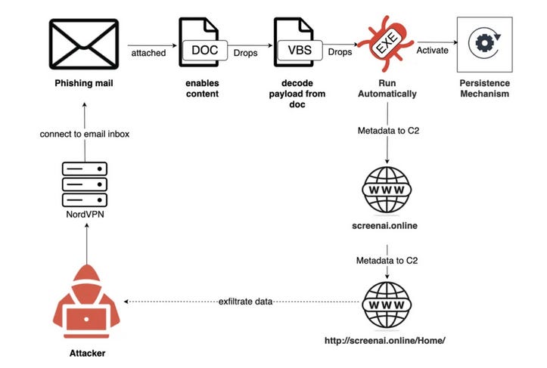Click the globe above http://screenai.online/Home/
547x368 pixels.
pyautogui.click(x=387, y=302)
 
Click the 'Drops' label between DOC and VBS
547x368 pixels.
pyautogui.click(x=245, y=53)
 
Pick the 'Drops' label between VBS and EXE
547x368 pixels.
pyautogui.click(x=339, y=53)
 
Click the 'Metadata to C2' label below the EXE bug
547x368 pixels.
pyautogui.click(x=387, y=131)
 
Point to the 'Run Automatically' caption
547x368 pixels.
pyautogui.click(x=387, y=89)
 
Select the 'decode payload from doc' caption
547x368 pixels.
pyautogui.click(x=294, y=94)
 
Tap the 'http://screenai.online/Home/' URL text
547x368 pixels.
pyautogui.click(x=387, y=341)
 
